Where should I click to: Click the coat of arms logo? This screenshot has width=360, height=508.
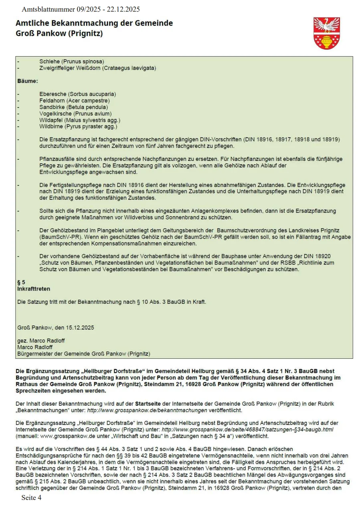(x=327, y=33)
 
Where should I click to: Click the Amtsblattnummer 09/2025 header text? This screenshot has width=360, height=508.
(x=81, y=9)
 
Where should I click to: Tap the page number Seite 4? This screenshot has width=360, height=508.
(x=31, y=498)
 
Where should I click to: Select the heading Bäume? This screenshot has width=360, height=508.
(x=28, y=81)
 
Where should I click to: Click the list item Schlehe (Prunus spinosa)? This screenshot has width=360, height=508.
(x=71, y=61)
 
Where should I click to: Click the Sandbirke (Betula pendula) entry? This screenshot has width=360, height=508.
(x=73, y=107)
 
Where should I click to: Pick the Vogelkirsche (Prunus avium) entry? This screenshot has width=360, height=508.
(x=75, y=114)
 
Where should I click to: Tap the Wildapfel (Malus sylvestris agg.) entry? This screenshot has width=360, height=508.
(x=80, y=120)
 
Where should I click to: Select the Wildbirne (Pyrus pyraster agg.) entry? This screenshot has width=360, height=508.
(x=78, y=126)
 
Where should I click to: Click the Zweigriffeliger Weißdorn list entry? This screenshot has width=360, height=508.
(x=97, y=68)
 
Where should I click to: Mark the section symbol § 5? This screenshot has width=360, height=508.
(x=21, y=282)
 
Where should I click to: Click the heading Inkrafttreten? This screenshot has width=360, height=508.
(x=34, y=289)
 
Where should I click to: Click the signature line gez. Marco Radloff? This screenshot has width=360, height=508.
(x=41, y=341)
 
